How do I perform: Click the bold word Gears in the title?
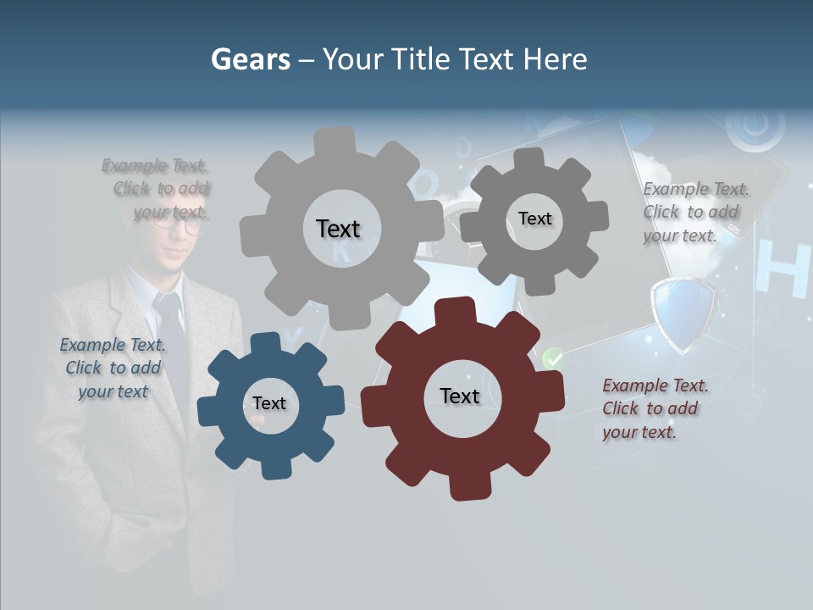point(250,59)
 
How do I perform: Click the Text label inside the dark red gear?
point(460,396)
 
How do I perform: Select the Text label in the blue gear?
point(269,403)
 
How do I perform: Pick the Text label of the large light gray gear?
point(338,229)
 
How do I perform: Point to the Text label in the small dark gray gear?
point(534,219)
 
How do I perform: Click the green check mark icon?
point(553,359)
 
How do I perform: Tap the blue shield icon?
point(683,313)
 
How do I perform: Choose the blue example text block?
point(113,368)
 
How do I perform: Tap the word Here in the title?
point(555,59)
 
